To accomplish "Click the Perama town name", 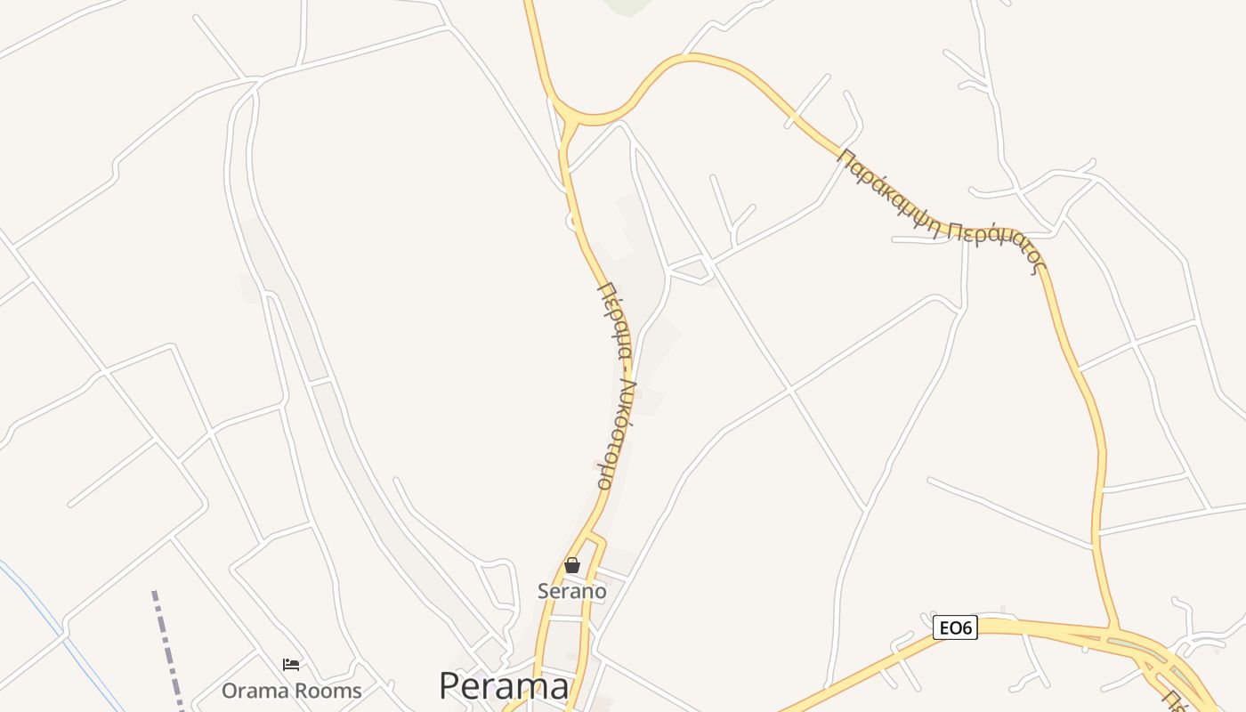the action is point(504,686).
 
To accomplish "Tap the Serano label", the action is point(571,591).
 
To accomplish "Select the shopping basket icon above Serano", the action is point(572,565).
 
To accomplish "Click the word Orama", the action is point(255,691).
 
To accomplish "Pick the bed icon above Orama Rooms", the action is point(291,664).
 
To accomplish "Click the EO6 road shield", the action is point(955,628).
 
